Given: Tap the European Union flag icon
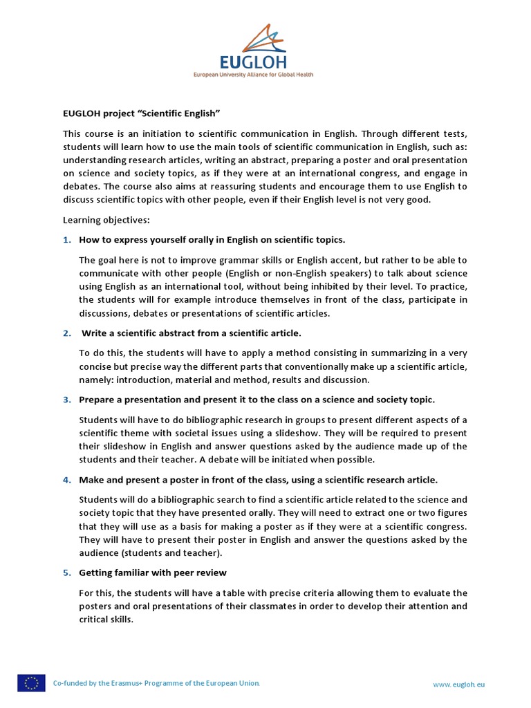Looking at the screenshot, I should point(31,683).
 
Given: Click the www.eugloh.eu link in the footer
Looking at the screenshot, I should point(458,684).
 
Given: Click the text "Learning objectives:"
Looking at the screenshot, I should point(106,220).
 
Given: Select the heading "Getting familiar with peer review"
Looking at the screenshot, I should point(153,572).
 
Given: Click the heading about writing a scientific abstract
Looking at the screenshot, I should point(192,333).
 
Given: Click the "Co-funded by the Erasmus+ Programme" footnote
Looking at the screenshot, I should point(157,684).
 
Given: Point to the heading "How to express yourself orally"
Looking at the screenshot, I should point(212,239).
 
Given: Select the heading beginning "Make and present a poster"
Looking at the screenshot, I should point(258,479).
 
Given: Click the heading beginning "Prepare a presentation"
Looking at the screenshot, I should point(257,400).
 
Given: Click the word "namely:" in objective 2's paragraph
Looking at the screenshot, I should point(96,380).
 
